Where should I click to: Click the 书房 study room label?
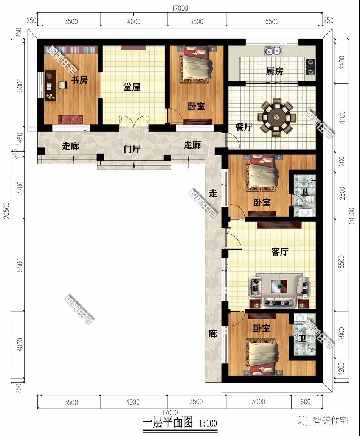[x=79, y=80]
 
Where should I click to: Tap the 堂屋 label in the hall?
[x=132, y=87]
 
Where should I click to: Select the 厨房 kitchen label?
[x=275, y=71]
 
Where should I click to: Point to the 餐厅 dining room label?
[x=244, y=127]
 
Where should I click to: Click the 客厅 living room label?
[x=280, y=252]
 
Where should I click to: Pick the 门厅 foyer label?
[x=132, y=149]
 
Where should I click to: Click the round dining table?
[x=277, y=117]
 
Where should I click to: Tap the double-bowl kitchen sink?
[x=272, y=51]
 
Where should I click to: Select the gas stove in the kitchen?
[x=310, y=67]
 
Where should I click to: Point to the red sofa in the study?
[x=71, y=119]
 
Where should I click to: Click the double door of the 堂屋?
[x=133, y=122]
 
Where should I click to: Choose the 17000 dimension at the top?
[x=180, y=8]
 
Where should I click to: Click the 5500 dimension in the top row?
[x=272, y=22]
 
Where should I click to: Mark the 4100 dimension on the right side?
[x=342, y=118]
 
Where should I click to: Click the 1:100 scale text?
[x=208, y=424]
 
